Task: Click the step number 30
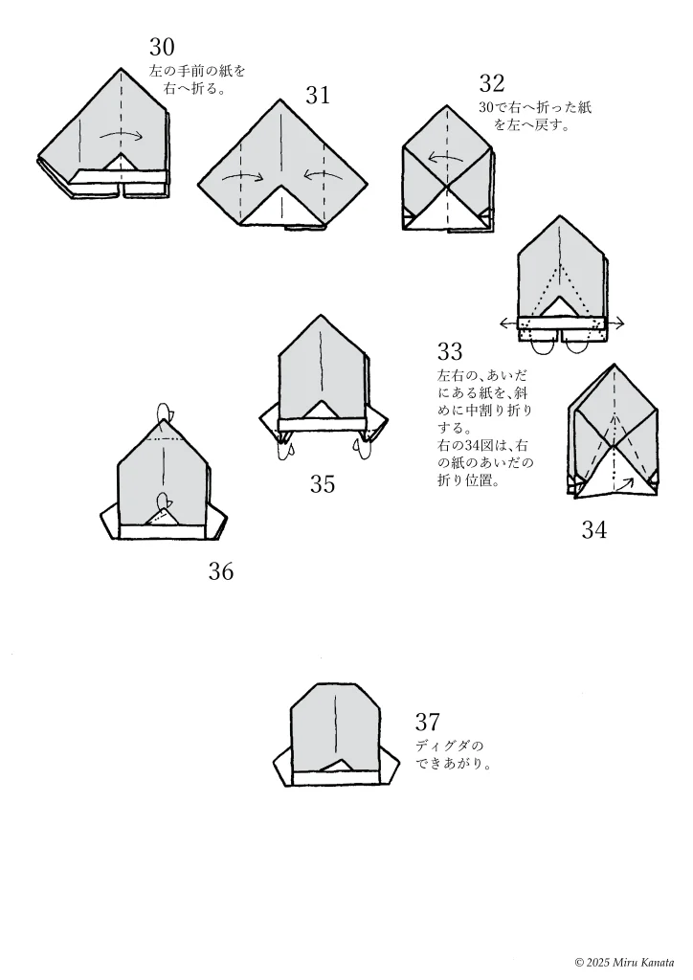coord(162,47)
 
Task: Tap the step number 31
coord(318,95)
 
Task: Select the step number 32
coord(492,83)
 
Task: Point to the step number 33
coord(450,351)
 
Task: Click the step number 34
coord(593,529)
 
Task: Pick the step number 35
coord(323,484)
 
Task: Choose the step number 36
coord(221,572)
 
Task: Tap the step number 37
coord(428,722)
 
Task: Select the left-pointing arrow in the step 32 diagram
coord(441,158)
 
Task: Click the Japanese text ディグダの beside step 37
coord(450,746)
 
